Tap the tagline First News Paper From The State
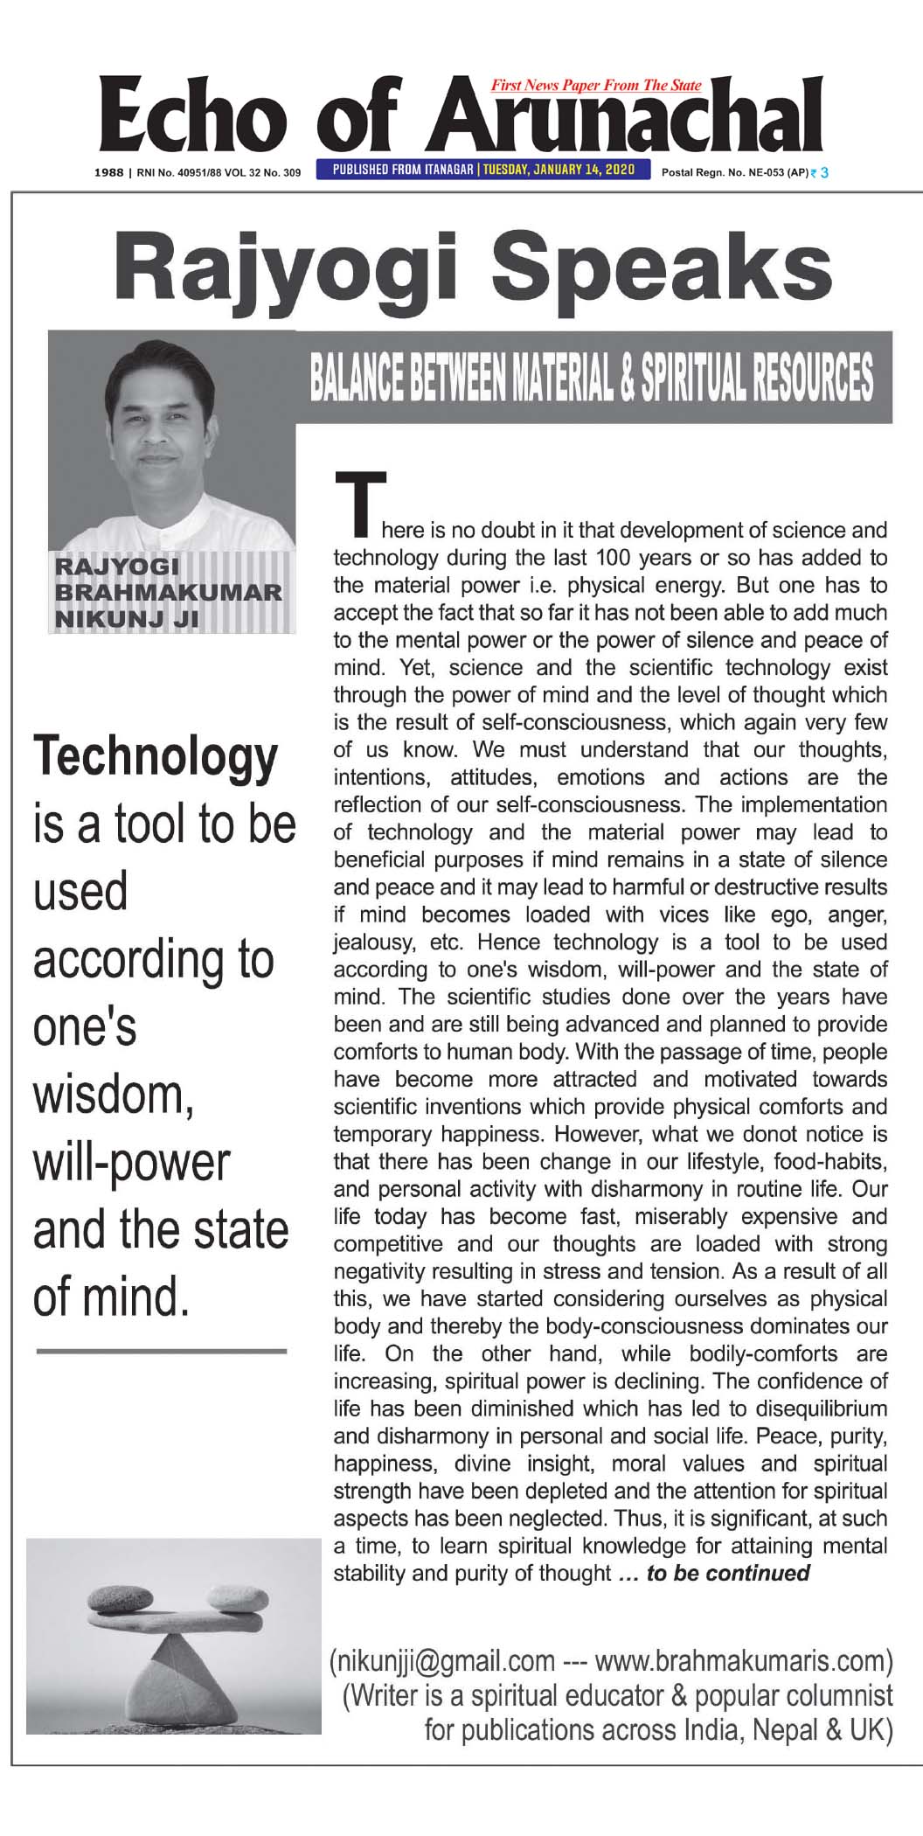596,85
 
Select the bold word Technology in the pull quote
156,757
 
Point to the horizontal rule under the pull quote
162,1352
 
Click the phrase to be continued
727,1574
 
